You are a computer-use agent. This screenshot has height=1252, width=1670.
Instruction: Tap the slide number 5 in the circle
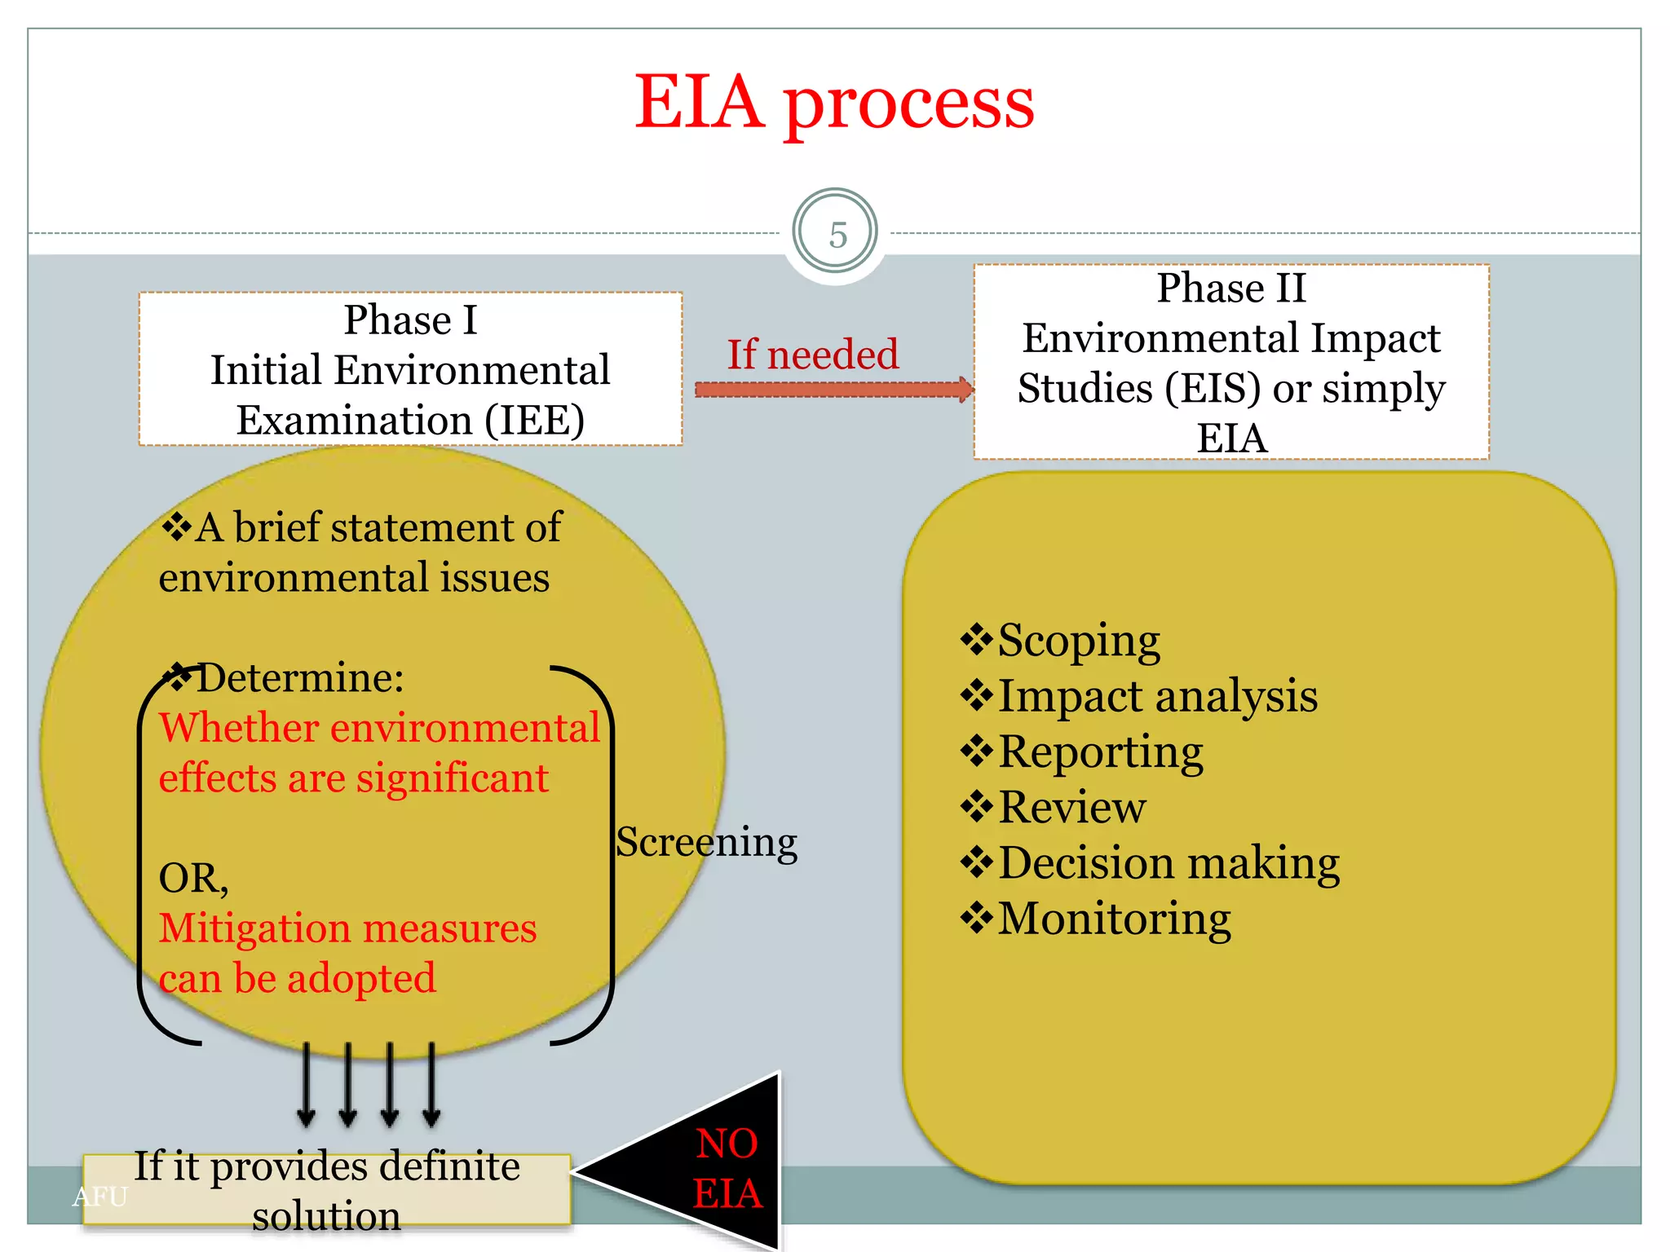[837, 235]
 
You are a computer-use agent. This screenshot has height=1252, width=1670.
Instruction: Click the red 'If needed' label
[812, 355]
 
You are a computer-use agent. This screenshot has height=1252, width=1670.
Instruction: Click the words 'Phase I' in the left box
[410, 320]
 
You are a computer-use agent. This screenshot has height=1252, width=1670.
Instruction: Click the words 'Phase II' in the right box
[1231, 289]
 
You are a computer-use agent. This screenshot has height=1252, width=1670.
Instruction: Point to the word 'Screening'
[706, 842]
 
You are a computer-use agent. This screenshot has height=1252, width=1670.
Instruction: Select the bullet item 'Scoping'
[1078, 641]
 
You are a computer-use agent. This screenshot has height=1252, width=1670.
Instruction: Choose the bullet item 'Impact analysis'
[1157, 697]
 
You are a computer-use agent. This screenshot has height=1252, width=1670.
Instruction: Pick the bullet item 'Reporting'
[1100, 752]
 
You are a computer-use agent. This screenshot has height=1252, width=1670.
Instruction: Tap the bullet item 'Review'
[1071, 807]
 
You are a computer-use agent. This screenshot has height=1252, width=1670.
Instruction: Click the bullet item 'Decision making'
[1169, 863]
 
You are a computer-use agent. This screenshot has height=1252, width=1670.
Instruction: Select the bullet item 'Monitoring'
[1114, 919]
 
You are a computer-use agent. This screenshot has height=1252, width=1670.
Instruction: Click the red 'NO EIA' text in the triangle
[727, 1167]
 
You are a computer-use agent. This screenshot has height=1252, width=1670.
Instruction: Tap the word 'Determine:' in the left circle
[300, 677]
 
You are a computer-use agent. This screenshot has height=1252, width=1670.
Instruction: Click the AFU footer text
[100, 1197]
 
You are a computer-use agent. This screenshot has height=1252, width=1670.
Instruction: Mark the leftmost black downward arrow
[307, 1084]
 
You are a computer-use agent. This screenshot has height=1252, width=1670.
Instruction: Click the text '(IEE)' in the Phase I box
[535, 421]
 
